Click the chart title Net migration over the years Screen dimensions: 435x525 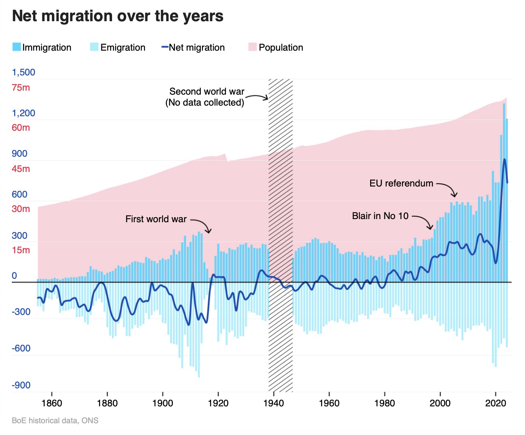(118, 16)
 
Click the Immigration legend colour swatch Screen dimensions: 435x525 (17, 47)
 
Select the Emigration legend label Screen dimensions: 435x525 (123, 48)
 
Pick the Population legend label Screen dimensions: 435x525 (281, 48)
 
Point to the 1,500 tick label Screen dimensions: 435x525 (24, 72)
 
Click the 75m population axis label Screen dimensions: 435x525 (21, 88)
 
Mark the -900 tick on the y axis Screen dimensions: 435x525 (21, 385)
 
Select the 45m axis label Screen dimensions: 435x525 (21, 169)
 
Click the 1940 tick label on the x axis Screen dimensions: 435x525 (274, 403)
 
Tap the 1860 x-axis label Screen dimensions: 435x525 (51, 403)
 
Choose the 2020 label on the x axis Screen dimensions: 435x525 (496, 403)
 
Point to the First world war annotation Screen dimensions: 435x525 (156, 219)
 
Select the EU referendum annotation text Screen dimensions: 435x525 (401, 183)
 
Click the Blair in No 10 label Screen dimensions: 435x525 (380, 216)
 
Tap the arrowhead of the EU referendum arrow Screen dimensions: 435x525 (455, 196)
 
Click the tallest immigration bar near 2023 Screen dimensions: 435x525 (504, 118)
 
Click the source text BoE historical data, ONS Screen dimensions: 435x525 (55, 420)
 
